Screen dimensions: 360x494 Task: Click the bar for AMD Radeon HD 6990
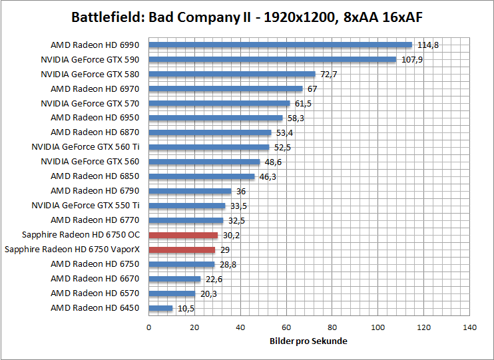coord(280,45)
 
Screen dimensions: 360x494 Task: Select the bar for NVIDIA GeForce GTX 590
coord(272,60)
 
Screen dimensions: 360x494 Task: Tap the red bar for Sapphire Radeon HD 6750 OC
coord(183,235)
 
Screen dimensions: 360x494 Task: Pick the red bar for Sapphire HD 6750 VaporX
coord(182,250)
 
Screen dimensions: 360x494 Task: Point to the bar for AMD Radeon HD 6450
coord(160,308)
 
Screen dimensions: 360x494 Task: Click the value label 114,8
coord(428,45)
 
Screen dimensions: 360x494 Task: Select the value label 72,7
coord(328,75)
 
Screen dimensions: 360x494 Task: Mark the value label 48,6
coord(273,162)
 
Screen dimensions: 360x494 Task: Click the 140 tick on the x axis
coord(470,327)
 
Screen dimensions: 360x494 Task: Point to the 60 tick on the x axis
coord(286,327)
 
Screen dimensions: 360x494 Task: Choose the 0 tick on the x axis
coord(148,327)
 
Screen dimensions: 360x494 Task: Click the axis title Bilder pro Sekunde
coord(309,341)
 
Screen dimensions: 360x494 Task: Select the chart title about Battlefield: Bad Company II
coord(247,17)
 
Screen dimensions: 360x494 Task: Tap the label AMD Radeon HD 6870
coord(95,132)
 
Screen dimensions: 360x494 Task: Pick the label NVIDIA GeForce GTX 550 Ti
coord(85,206)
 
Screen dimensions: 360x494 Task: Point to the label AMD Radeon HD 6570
coord(95,293)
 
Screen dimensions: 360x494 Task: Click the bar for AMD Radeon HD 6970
coord(226,89)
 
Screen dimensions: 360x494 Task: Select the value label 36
coord(241,191)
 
